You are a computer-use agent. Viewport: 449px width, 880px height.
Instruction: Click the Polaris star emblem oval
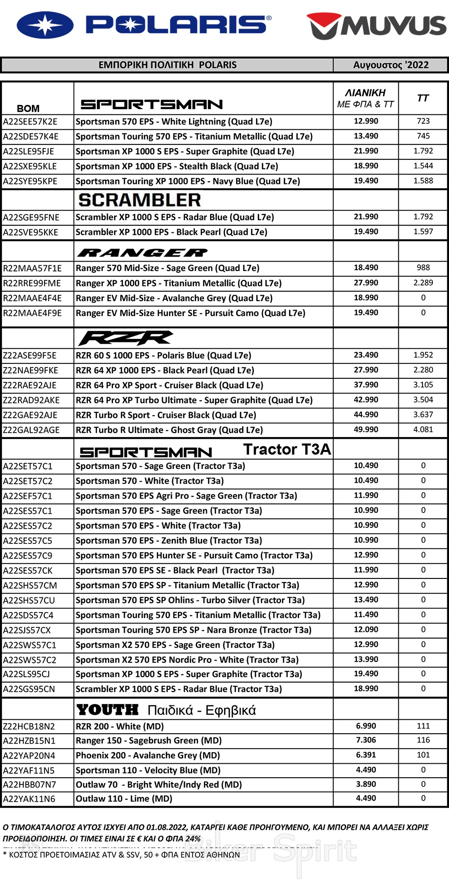pos(45,25)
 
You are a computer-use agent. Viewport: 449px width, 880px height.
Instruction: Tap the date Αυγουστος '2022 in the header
pos(391,65)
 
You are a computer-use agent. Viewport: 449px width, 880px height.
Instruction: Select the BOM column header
pos(28,108)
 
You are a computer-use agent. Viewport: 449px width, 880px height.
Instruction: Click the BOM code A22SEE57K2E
pos(30,122)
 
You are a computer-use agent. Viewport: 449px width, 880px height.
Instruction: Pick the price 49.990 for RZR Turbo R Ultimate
pos(366,429)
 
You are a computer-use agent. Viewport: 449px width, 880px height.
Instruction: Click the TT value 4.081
pos(423,429)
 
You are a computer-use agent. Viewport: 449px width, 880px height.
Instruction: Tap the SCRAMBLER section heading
pos(140,200)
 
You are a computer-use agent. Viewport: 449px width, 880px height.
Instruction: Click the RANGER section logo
pos(142,253)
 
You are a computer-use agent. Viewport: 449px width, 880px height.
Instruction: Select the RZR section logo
pos(126,338)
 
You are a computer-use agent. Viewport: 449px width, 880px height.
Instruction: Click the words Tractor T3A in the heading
pos(287,449)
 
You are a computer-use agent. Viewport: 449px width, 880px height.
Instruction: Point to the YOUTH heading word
pos(108,710)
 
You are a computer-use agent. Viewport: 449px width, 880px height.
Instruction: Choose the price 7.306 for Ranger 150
pos(366,740)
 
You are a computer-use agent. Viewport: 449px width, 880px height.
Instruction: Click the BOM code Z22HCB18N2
pos(29,727)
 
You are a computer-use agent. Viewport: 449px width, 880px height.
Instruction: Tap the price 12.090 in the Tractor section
pos(366,630)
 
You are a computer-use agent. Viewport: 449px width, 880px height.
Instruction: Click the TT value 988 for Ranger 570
pos(423,268)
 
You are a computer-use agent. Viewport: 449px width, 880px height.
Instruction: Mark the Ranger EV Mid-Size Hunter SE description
pos(190,313)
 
